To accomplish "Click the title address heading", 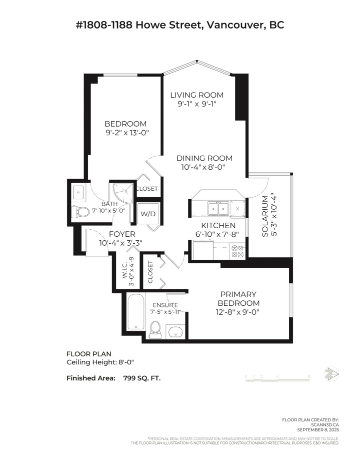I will pos(179,25).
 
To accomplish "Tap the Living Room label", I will pos(196,95).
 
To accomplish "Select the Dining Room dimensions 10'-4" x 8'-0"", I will pos(204,168).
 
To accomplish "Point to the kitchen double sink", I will pos(219,208).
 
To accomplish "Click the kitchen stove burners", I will pos(237,251).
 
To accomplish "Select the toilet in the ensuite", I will pos(155,328).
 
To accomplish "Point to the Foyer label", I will pos(121,234).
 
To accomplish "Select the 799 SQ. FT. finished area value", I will pos(142,378).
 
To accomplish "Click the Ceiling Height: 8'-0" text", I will pos(100,362).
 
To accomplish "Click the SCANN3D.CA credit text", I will pos(325,424).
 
